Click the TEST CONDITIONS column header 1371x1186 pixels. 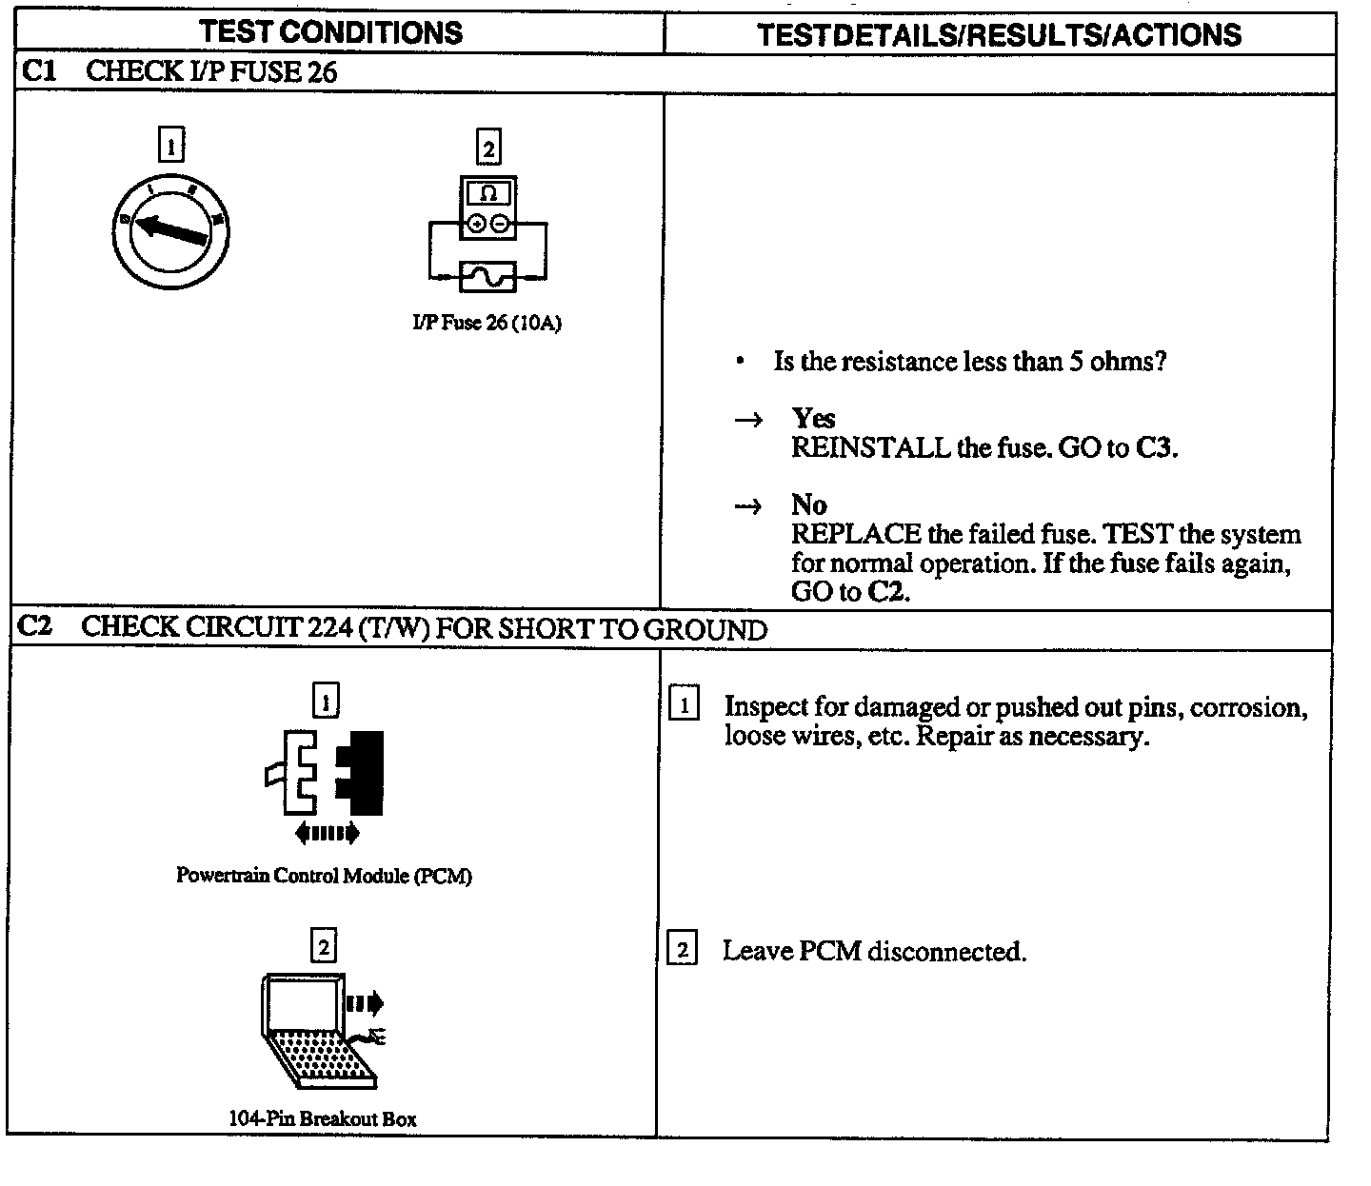pos(330,32)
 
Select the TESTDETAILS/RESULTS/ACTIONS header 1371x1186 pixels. pos(999,35)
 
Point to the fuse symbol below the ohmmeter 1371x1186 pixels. pos(487,277)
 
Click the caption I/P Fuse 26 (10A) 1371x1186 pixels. pos(487,324)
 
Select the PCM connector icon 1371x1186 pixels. pos(326,772)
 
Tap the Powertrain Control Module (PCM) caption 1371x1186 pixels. pos(324,876)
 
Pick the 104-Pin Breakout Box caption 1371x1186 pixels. pos(322,1118)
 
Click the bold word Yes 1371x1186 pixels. pos(813,419)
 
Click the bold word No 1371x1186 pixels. pos(808,504)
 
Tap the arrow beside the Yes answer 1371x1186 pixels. pos(749,420)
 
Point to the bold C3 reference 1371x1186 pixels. pos(1154,448)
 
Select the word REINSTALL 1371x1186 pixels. pos(870,448)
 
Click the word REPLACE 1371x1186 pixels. pos(856,534)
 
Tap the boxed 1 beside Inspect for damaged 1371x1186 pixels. pos(684,705)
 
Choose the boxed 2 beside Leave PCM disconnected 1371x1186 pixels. pos(683,950)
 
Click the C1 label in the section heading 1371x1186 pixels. pos(37,70)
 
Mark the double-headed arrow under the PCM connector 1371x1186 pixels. pos(327,834)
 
